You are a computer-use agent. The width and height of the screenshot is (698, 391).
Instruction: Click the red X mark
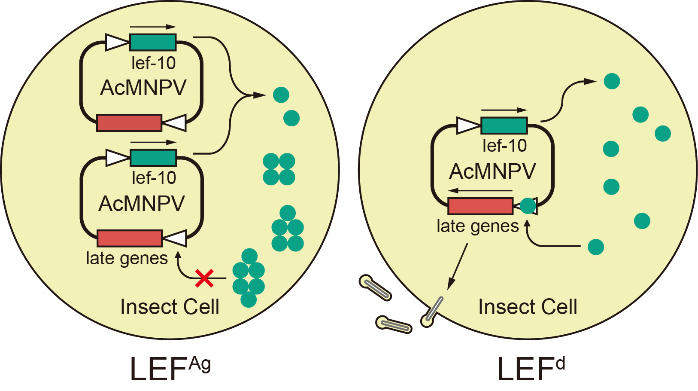(204, 278)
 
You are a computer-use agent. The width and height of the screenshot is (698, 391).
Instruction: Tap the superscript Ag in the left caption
(200, 364)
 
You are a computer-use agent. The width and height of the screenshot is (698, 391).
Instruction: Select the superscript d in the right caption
(560, 364)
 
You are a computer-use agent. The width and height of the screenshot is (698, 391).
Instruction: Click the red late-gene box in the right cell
(480, 206)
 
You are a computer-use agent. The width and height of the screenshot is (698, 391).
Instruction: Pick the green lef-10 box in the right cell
(504, 125)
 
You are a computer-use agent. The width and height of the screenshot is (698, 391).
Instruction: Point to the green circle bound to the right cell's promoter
(528, 206)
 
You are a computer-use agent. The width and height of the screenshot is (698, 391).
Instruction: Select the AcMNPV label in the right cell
(492, 171)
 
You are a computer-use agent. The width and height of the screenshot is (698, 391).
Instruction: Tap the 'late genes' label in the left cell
(127, 258)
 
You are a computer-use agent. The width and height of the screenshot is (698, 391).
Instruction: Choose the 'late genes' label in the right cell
(477, 226)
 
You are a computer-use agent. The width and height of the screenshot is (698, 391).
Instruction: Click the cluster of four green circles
(279, 169)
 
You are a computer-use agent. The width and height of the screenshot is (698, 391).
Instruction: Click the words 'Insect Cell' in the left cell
(170, 307)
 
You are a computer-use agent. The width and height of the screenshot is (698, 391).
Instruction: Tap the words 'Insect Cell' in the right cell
(528, 307)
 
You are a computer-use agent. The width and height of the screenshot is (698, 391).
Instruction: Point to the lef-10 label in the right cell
(504, 146)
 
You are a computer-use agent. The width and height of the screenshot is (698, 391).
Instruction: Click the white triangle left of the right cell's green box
(468, 125)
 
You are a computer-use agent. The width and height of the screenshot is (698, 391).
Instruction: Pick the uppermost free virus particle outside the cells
(375, 287)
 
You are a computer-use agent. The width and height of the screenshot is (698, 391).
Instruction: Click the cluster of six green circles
(249, 278)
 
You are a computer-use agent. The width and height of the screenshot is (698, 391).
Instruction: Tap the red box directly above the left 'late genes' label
(130, 238)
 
